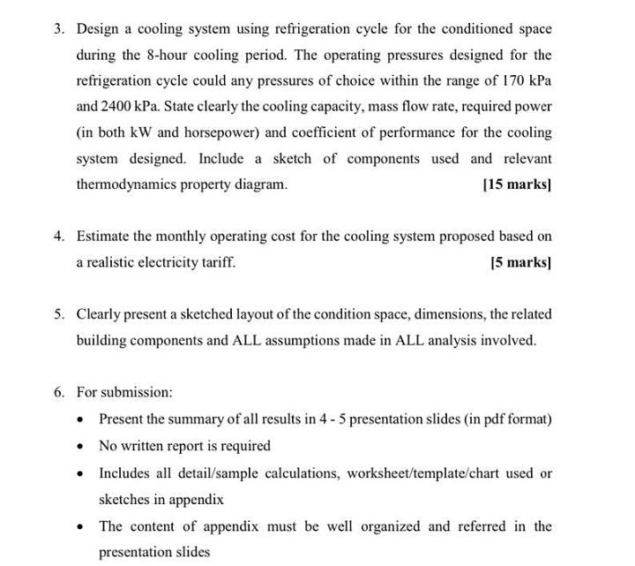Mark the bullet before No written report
[x=81, y=446]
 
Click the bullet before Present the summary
[x=81, y=419]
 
